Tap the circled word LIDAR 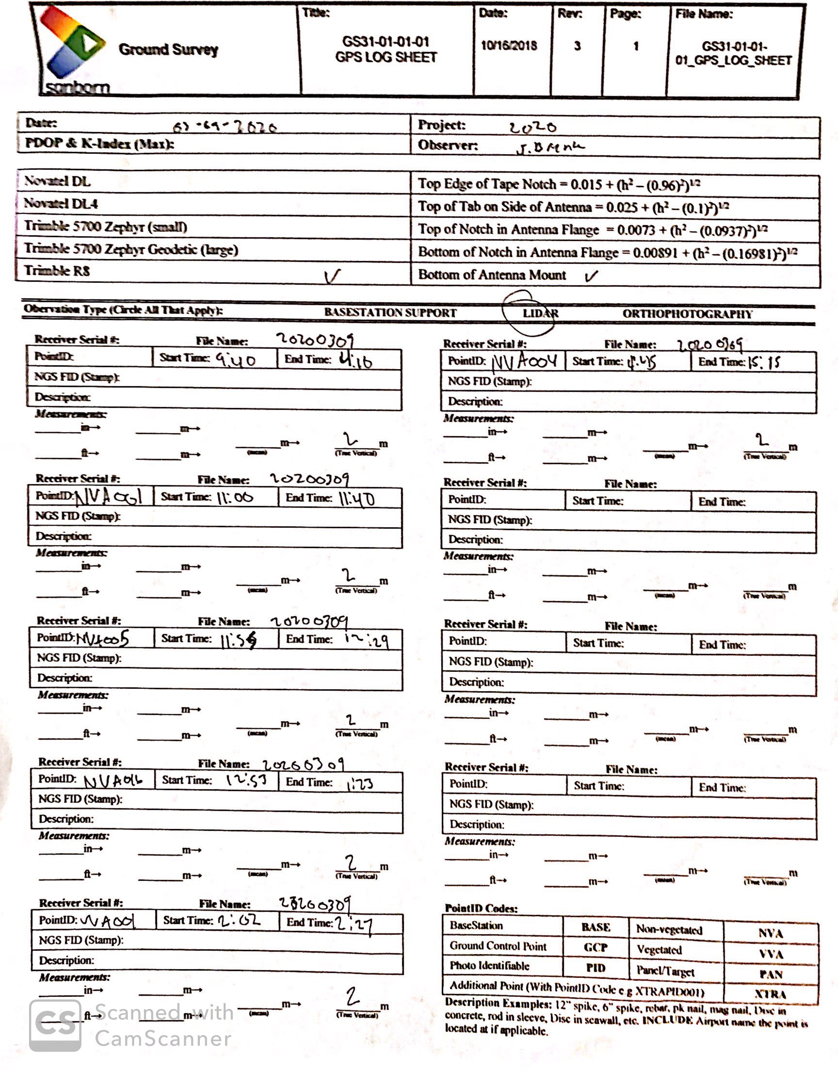click(540, 313)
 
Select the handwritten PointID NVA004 click(525, 362)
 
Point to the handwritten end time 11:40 click(357, 500)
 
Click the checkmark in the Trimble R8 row click(332, 276)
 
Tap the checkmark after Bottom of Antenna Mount click(591, 276)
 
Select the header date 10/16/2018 click(509, 46)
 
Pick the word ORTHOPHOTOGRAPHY click(687, 314)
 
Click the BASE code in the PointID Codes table click(596, 927)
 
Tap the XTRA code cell click(770, 994)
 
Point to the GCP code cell click(596, 947)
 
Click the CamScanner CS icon click(55, 1025)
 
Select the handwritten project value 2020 click(532, 128)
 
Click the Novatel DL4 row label click(61, 203)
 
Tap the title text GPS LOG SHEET click(386, 57)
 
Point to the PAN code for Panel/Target click(770, 974)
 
